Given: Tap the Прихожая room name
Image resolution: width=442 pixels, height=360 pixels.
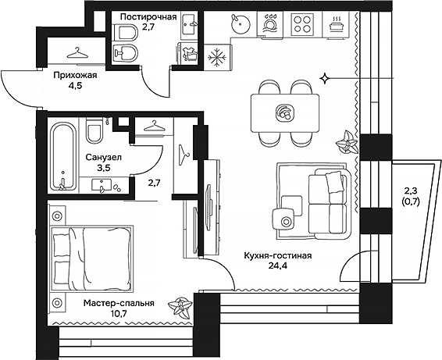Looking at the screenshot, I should pyautogui.click(x=75, y=76).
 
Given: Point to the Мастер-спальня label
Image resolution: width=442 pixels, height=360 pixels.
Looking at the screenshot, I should pyautogui.click(x=118, y=304).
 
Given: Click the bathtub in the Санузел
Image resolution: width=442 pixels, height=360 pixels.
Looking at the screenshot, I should pyautogui.click(x=62, y=156).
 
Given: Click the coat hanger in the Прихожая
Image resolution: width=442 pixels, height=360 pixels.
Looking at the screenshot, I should pyautogui.click(x=76, y=53).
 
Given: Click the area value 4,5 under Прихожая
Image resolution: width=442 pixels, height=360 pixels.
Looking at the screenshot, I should pyautogui.click(x=75, y=87).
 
